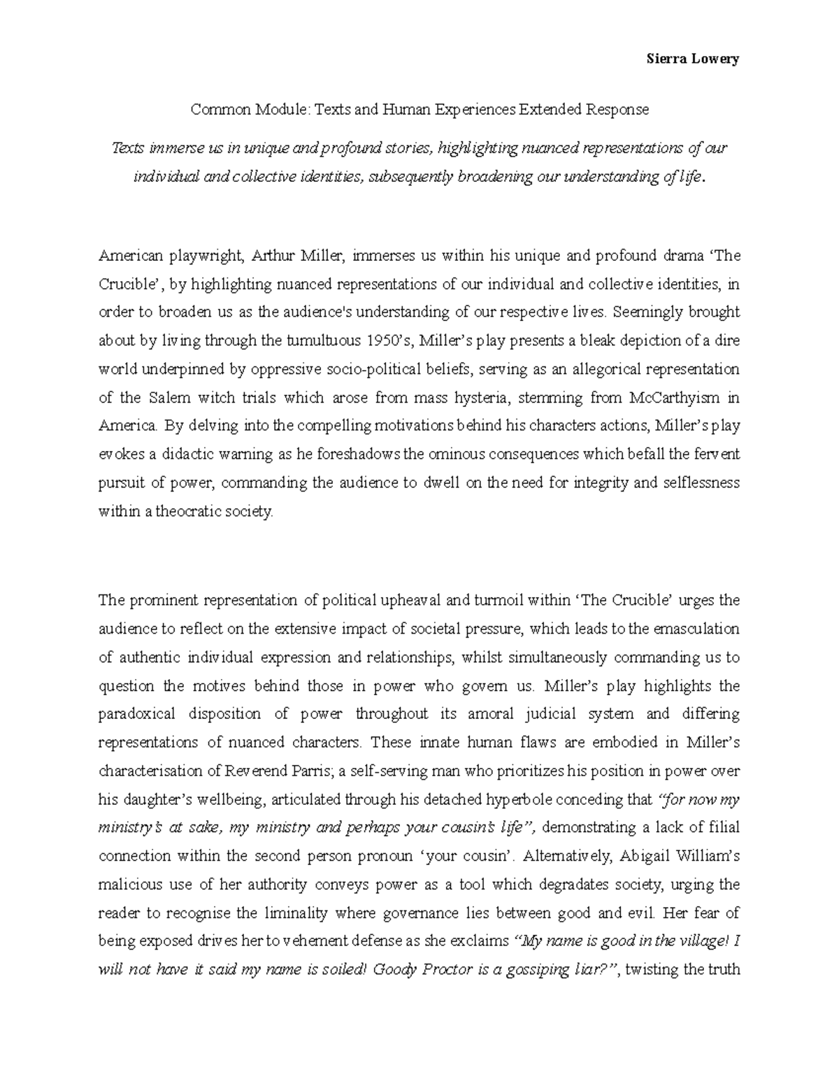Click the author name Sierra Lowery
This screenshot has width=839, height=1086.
(x=691, y=59)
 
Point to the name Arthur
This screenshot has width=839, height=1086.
(x=273, y=256)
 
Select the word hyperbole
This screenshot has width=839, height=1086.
(x=514, y=799)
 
